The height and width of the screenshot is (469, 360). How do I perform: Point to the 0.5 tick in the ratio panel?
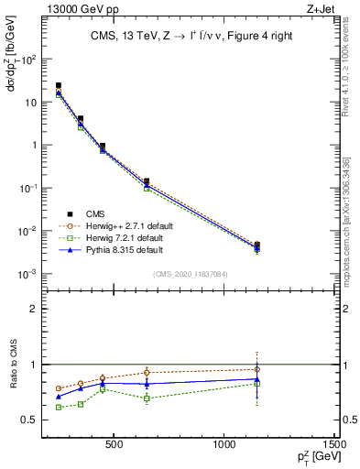coord(34,420)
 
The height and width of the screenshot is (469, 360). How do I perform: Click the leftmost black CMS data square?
coord(59,85)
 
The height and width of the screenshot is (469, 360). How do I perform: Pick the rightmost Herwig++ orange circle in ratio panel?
coord(256,369)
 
